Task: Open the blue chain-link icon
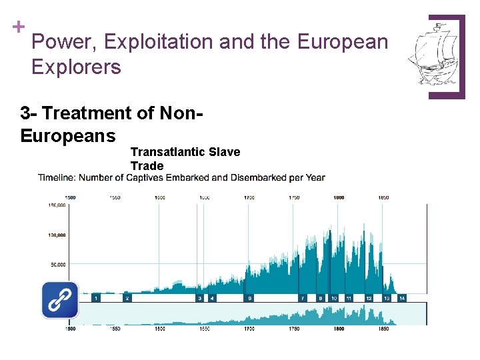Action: pyautogui.click(x=60, y=299)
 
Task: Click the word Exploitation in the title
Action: pyautogui.click(x=158, y=42)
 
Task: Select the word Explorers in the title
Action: pyautogui.click(x=76, y=67)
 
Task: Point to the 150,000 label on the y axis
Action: pyautogui.click(x=55, y=205)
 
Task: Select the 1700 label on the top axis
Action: pyautogui.click(x=249, y=197)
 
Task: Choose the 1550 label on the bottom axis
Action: pyautogui.click(x=115, y=329)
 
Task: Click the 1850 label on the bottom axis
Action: pyautogui.click(x=383, y=329)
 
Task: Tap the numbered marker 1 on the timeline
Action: pyautogui.click(x=97, y=298)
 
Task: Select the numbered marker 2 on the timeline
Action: pyautogui.click(x=127, y=298)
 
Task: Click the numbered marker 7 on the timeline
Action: pyautogui.click(x=302, y=298)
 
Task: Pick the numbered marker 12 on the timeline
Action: pyautogui.click(x=368, y=298)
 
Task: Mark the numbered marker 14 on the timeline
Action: pyautogui.click(x=401, y=298)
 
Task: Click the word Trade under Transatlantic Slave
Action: pyautogui.click(x=147, y=166)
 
